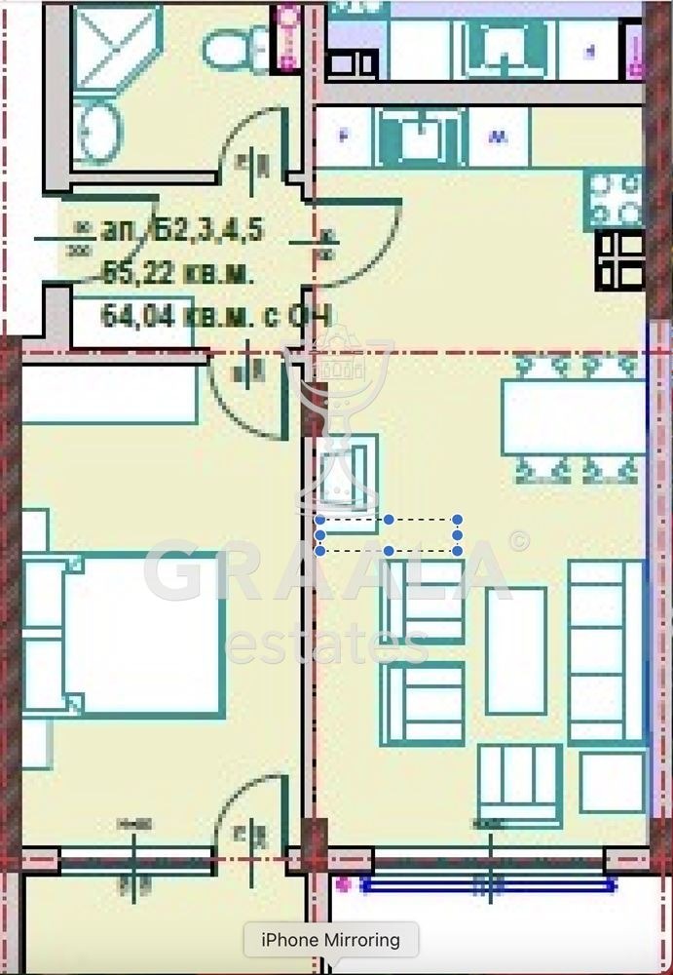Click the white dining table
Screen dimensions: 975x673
click(x=573, y=416)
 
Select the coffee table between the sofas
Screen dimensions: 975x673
click(x=516, y=650)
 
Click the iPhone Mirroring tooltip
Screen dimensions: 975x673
click(x=330, y=941)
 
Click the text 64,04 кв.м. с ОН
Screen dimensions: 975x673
click(x=216, y=316)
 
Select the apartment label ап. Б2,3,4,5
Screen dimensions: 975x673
click(x=181, y=231)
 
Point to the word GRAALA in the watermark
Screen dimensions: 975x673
click(x=327, y=572)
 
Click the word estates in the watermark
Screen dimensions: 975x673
click(x=327, y=643)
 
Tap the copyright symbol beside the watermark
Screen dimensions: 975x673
click(x=519, y=541)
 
